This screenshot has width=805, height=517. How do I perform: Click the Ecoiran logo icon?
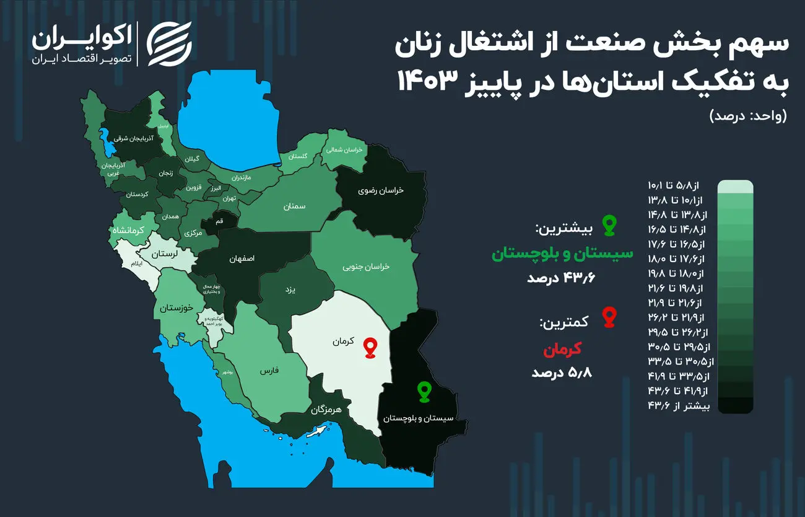tap(169, 44)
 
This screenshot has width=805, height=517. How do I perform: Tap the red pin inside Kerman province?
tap(370, 348)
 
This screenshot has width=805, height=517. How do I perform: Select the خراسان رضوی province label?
tap(381, 190)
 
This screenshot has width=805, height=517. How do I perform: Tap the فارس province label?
tap(269, 371)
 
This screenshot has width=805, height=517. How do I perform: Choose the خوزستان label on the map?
tap(176, 307)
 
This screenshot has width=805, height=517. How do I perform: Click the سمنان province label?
tap(295, 206)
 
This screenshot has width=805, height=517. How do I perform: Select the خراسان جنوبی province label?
tap(366, 266)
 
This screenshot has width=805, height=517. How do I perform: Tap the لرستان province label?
tap(165, 254)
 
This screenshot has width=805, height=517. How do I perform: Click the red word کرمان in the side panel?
tap(562, 350)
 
